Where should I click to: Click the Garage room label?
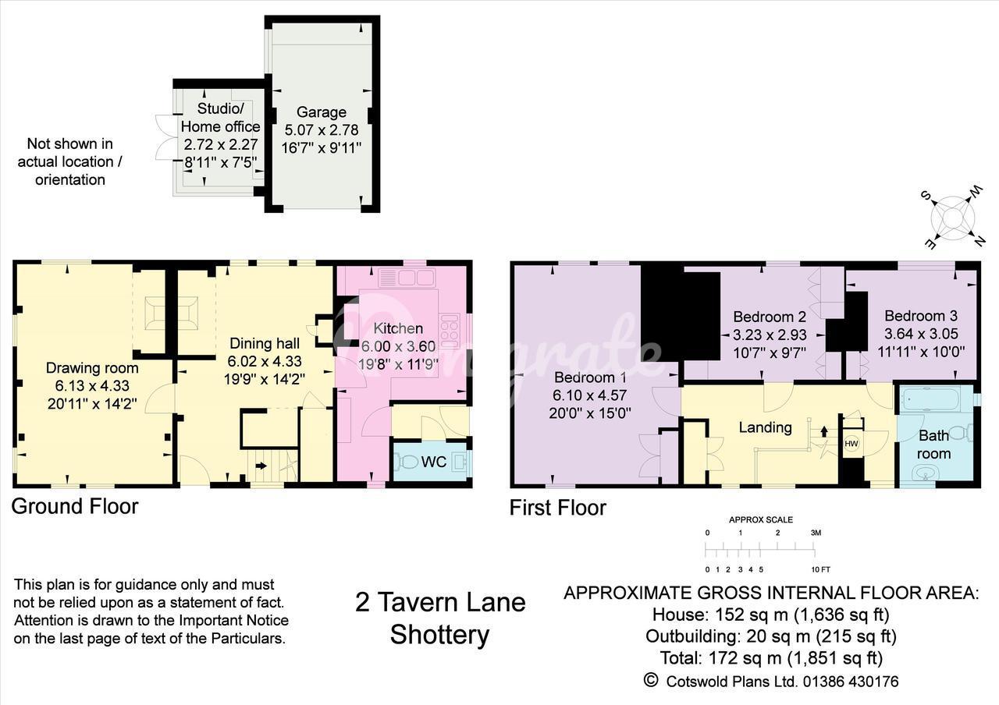click(x=321, y=112)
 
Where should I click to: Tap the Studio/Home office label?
click(x=220, y=117)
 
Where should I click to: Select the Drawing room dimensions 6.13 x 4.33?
click(x=92, y=385)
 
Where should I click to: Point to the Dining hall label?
click(x=265, y=343)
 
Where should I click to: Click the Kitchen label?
click(x=398, y=328)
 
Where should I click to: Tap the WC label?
click(x=433, y=462)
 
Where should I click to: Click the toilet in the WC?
click(x=405, y=462)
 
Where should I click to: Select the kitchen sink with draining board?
click(x=407, y=278)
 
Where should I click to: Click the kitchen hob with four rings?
click(x=450, y=331)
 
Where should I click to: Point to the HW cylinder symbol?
click(x=851, y=444)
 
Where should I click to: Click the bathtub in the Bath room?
click(x=930, y=398)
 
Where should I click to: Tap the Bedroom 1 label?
click(x=590, y=377)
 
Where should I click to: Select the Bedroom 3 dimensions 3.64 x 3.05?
click(x=922, y=333)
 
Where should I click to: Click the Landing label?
click(x=766, y=427)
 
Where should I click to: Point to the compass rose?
click(x=952, y=218)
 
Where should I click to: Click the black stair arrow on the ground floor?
click(x=261, y=466)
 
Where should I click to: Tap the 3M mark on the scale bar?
click(x=816, y=533)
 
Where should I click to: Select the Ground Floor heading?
click(x=75, y=506)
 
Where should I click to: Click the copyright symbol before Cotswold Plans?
click(x=651, y=680)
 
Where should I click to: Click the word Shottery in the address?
click(x=439, y=635)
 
